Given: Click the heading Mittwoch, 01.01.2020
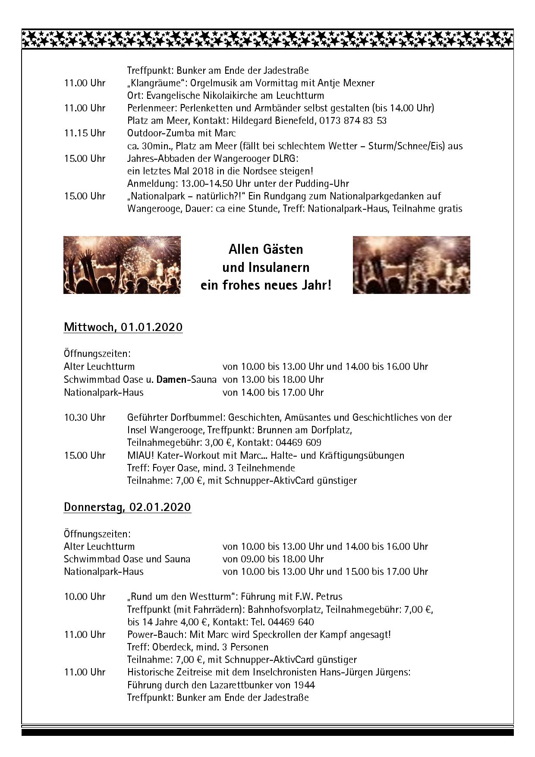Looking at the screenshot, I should (x=123, y=327).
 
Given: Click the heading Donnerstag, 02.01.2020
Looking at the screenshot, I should (x=127, y=507).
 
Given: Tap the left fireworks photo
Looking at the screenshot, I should (x=122, y=265).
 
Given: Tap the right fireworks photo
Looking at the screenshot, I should (x=411, y=265).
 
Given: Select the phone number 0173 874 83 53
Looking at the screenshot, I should (x=353, y=120).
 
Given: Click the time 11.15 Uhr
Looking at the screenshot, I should (x=85, y=133).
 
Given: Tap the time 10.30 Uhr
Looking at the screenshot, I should (x=85, y=417).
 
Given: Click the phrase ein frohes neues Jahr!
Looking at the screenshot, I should (x=266, y=285).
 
